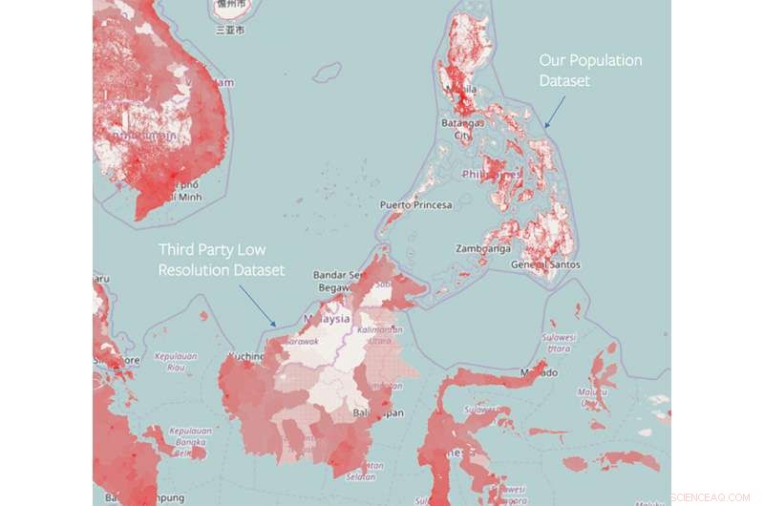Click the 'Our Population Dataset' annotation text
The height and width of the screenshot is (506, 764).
coord(590,71)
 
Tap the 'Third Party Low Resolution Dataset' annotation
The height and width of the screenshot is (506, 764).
coord(222,260)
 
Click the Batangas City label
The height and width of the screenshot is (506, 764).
coord(462,129)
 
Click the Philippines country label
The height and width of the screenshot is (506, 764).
coord(491,175)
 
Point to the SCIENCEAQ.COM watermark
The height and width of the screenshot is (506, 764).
coord(711,497)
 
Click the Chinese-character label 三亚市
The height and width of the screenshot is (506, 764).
coord(230,30)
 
